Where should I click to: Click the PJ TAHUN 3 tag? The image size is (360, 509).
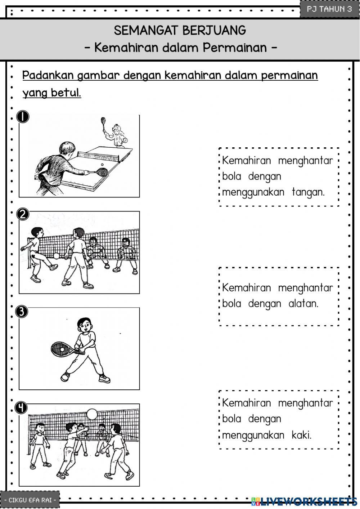pos(329,9)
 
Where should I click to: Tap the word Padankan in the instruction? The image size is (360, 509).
pos(48,75)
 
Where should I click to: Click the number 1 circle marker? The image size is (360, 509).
pos(23,117)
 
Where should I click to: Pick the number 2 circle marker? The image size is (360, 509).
pos(23,214)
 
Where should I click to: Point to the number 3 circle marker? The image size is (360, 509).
pos(22,311)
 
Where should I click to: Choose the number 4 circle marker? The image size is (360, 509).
pos(22,407)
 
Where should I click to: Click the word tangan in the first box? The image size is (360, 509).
pos(308,192)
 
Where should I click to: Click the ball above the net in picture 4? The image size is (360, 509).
pos(92,414)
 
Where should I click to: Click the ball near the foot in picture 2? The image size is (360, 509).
pos(57,256)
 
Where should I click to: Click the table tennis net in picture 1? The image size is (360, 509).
pos(98,155)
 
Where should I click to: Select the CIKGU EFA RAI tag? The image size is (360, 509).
pos(30,500)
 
